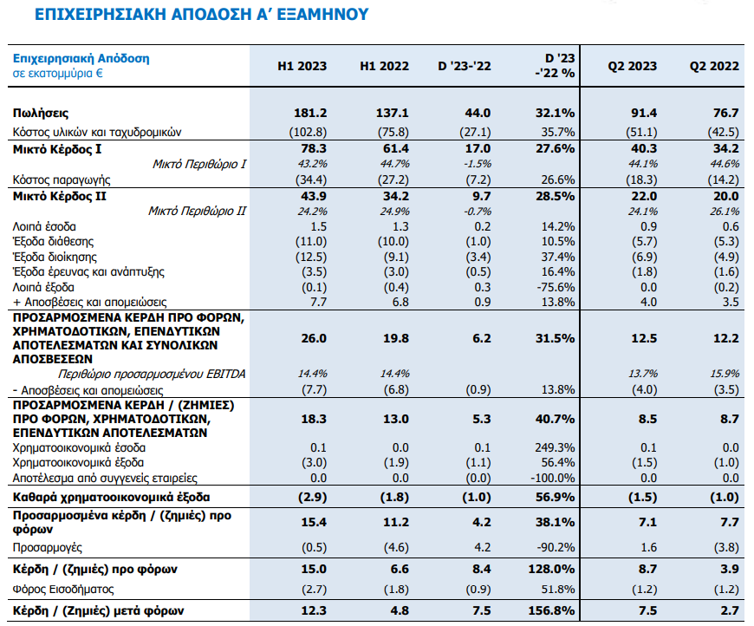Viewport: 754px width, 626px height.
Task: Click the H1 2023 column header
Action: coord(302,67)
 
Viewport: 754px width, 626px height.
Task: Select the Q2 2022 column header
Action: coord(714,67)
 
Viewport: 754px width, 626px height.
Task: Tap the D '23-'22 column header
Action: coord(465,67)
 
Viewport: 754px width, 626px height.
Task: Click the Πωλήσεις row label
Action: coord(41,114)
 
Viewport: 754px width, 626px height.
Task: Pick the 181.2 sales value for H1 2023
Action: coord(310,113)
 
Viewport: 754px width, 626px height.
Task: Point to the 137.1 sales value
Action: coord(393,113)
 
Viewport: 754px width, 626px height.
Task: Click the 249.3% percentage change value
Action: coord(555,448)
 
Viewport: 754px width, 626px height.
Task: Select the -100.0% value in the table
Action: coord(553,479)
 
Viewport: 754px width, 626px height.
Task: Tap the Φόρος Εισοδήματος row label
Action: coord(63,590)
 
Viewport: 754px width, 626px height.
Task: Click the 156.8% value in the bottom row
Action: coord(551,611)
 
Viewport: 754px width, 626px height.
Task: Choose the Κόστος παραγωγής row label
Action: coord(62,180)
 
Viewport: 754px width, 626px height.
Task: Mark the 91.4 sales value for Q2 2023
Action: coord(644,113)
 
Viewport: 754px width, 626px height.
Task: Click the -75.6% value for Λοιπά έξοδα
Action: coord(556,288)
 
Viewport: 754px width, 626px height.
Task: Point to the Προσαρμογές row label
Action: coord(47,548)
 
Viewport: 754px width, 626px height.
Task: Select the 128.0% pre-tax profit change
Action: coord(551,570)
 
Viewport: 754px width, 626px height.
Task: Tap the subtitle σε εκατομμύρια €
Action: coord(58,74)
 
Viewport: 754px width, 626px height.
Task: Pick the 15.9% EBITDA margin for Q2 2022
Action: coord(725,374)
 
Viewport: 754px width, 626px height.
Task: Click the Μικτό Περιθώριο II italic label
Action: coord(197,212)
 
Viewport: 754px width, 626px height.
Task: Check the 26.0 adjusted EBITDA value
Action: coord(314,339)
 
